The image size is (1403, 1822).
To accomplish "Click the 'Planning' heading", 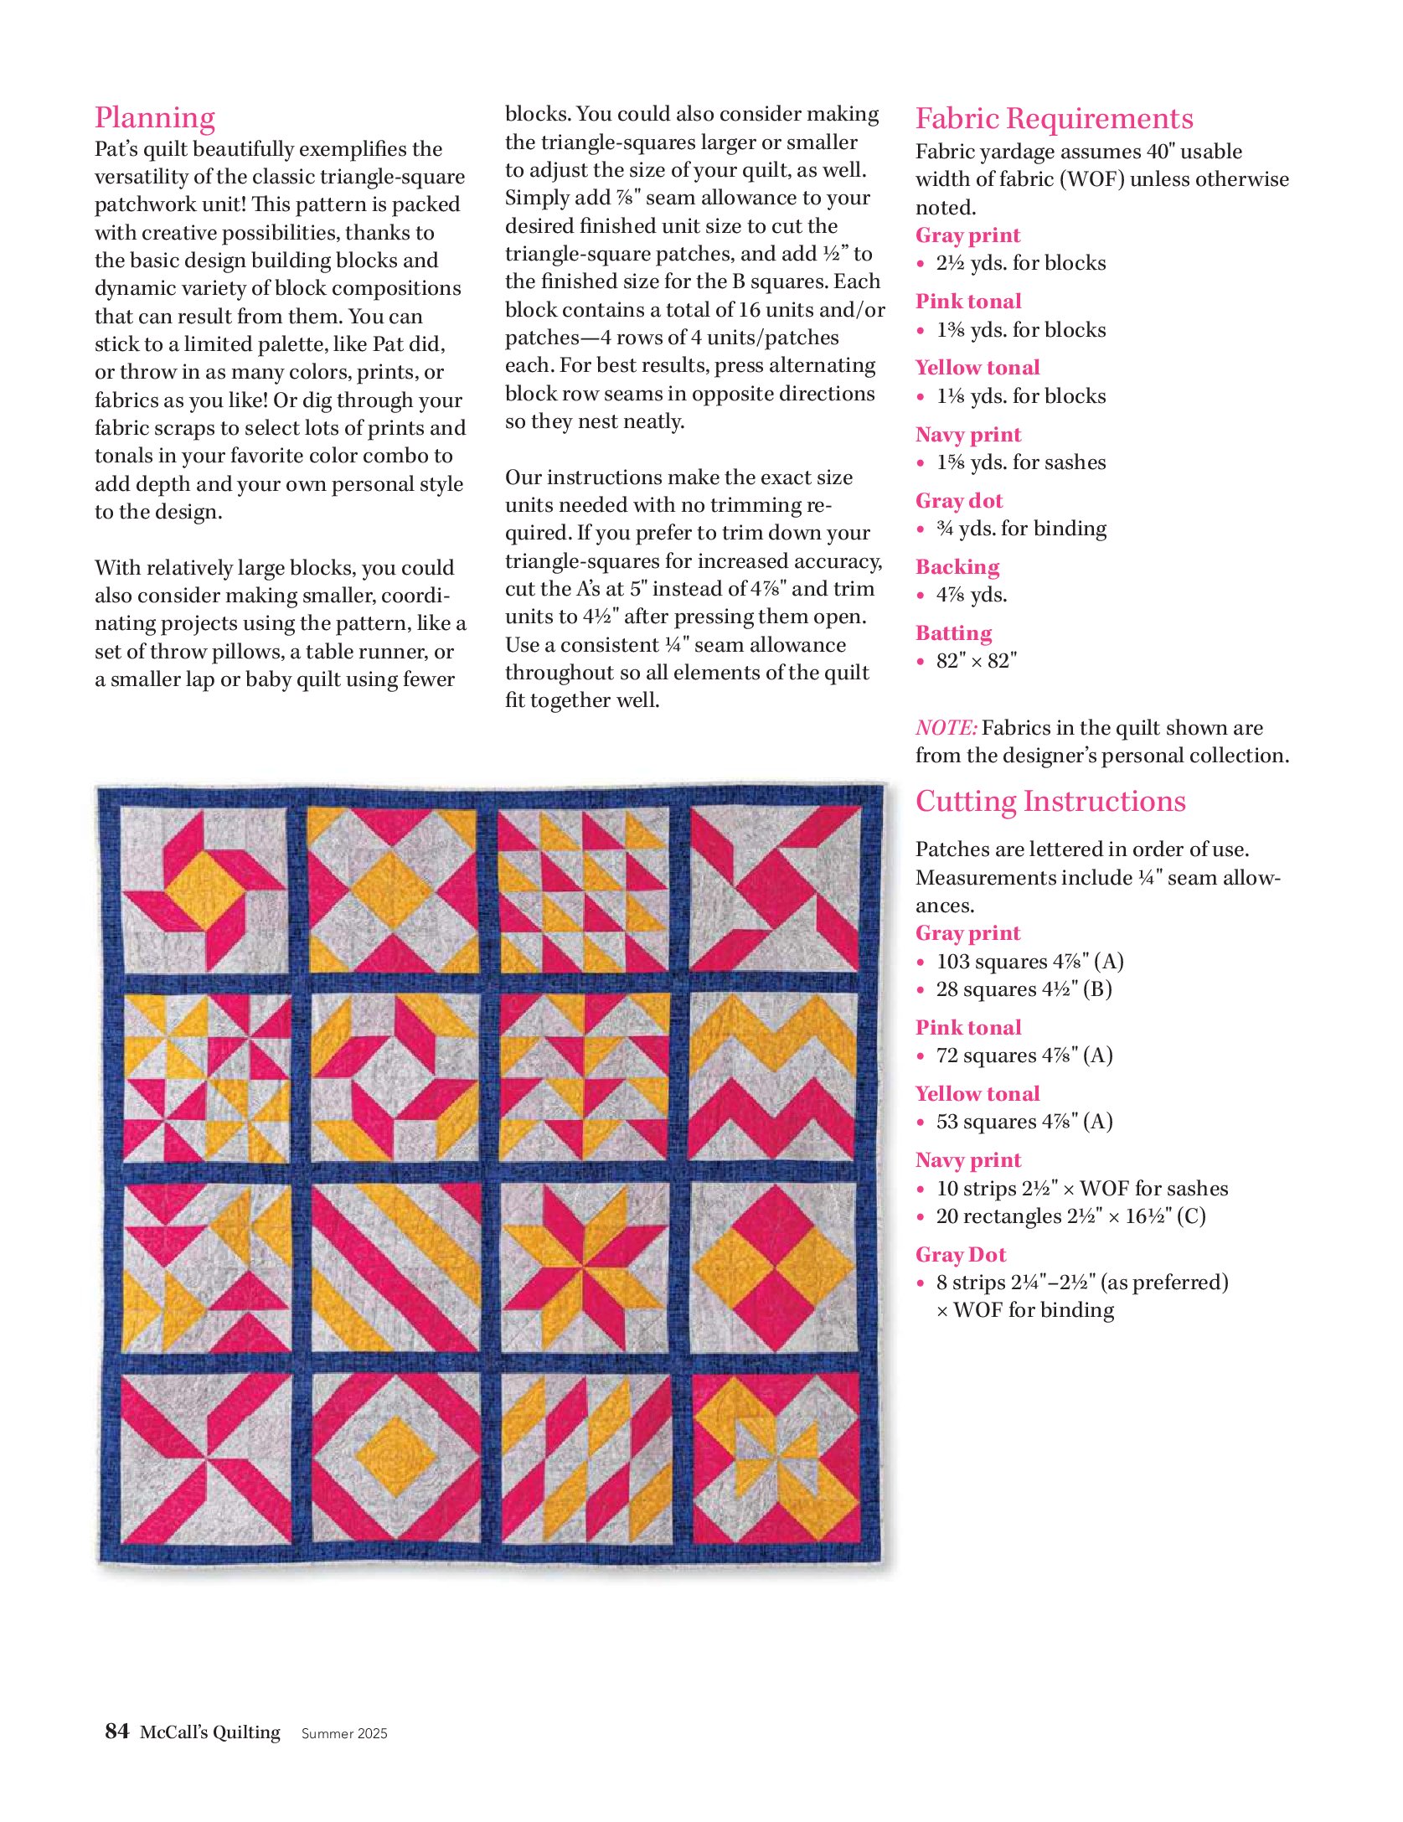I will click(155, 117).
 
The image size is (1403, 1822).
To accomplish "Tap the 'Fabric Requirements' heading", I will click(1054, 119).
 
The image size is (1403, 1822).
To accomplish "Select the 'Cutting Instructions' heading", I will click(1050, 802).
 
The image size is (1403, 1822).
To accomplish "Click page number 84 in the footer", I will click(117, 1731).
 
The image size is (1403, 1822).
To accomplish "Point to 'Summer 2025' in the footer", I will click(344, 1733).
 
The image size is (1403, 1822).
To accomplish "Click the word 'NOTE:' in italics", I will click(946, 727).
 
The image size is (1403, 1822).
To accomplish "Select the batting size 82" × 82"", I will click(976, 661).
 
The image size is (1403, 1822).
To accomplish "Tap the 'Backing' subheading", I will click(957, 567).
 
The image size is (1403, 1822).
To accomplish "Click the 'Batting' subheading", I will click(953, 633).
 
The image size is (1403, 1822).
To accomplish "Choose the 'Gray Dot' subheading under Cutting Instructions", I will click(961, 1254).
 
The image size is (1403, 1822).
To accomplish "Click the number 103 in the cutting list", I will click(952, 961).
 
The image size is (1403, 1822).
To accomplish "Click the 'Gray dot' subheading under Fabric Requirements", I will click(959, 501).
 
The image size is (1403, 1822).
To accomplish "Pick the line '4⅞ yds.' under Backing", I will click(972, 595).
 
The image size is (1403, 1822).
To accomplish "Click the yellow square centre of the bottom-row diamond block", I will click(395, 1458).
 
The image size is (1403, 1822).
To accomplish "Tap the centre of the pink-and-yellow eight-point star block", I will click(585, 1267).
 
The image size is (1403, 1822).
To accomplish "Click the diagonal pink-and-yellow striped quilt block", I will click(395, 1267).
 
